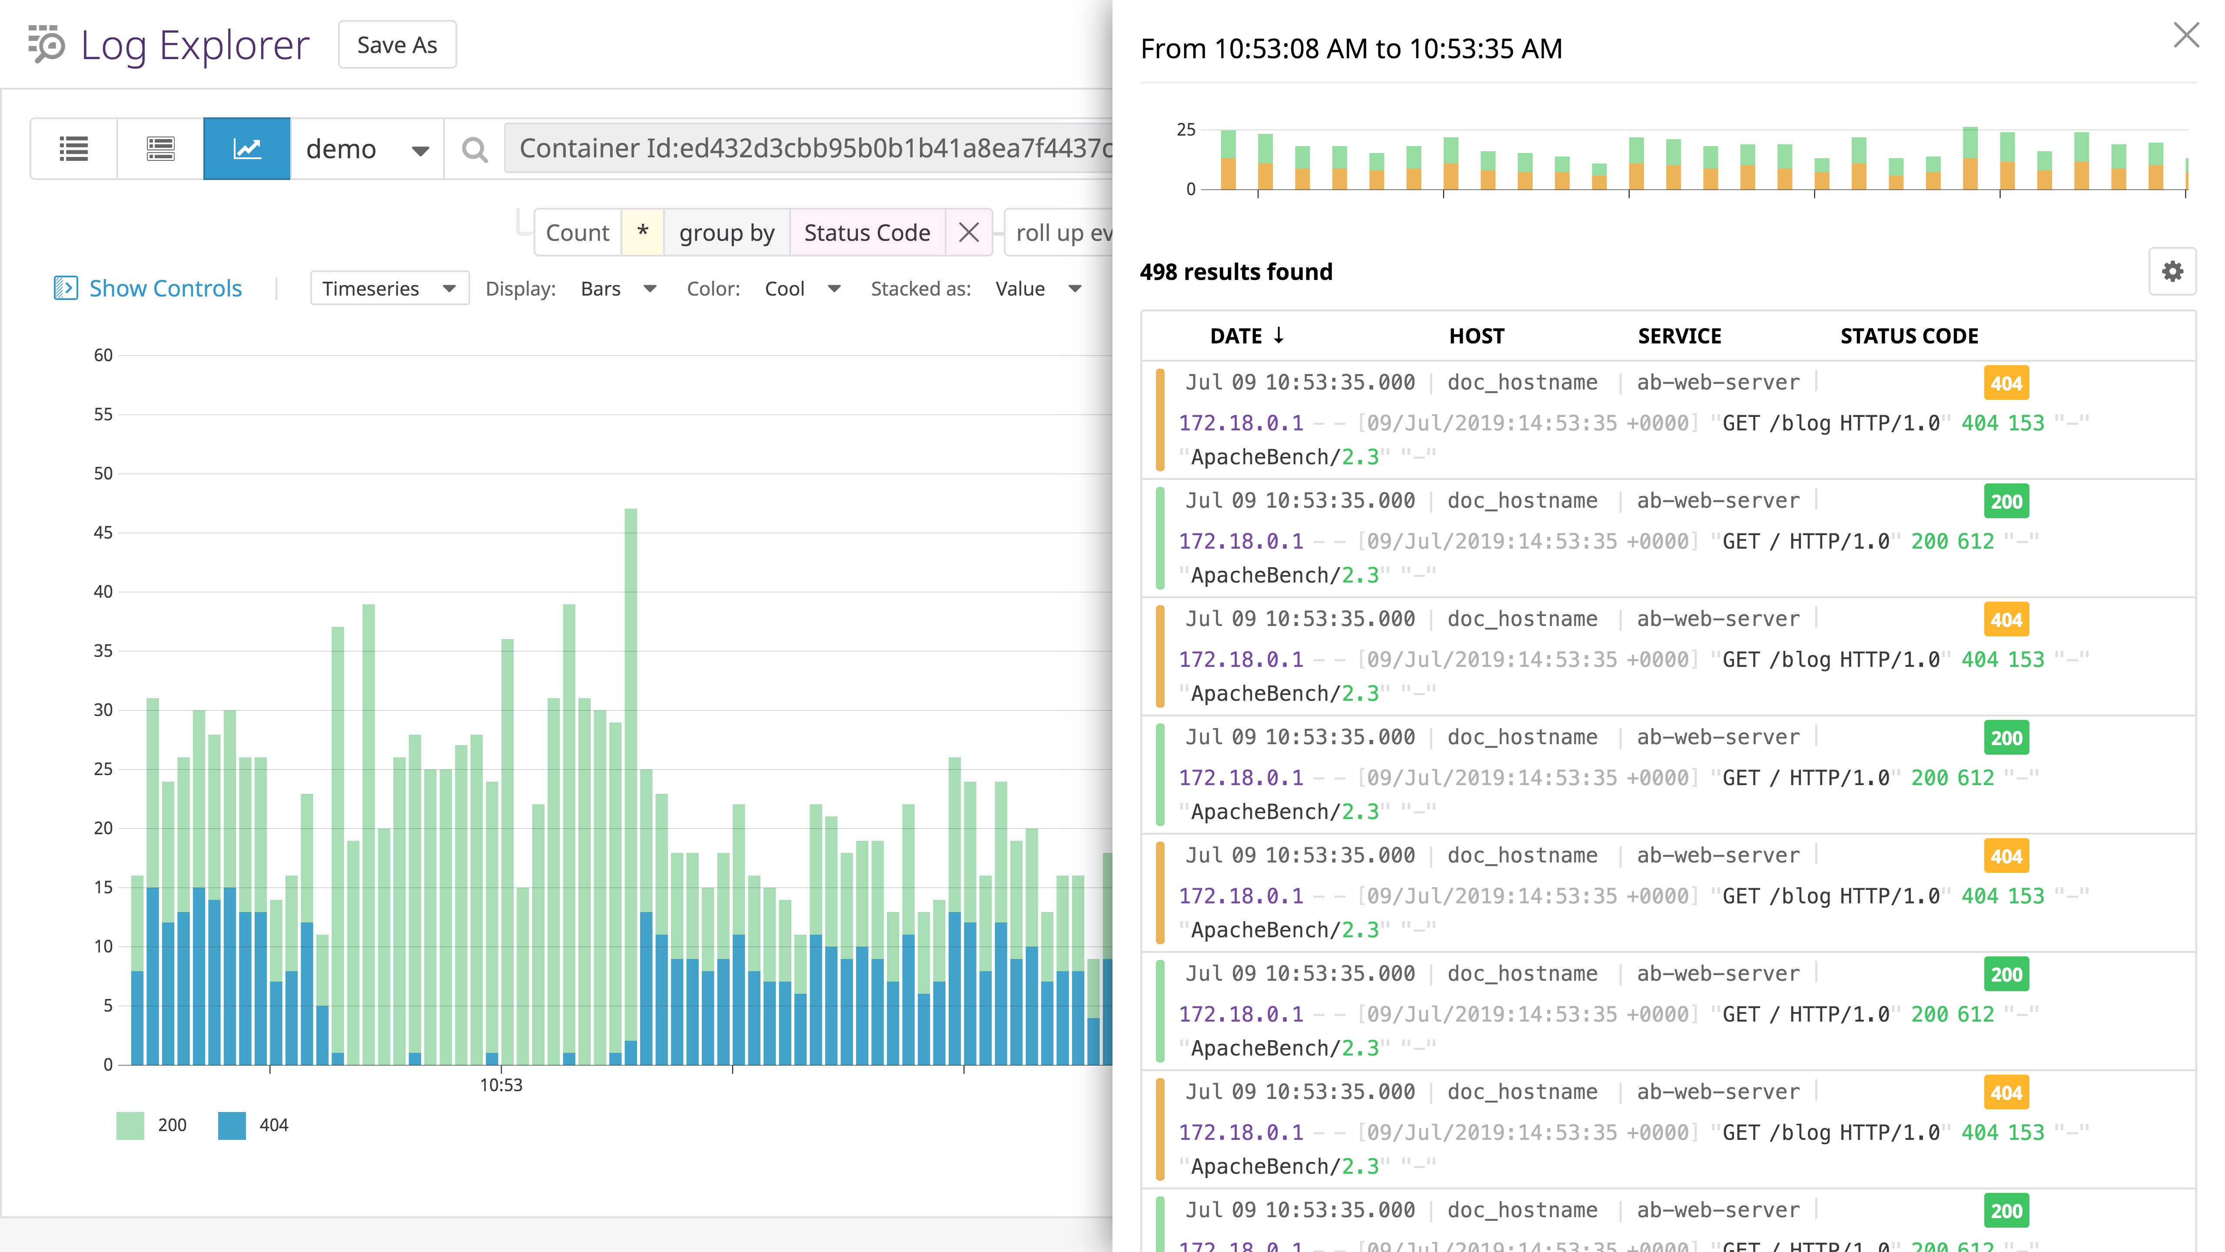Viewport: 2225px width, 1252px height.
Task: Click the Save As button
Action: pyautogui.click(x=396, y=45)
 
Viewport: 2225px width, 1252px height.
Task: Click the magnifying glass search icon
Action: pyautogui.click(x=474, y=150)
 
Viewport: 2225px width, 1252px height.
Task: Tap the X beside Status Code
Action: pyautogui.click(x=968, y=233)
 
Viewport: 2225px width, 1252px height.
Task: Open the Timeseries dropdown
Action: pyautogui.click(x=389, y=289)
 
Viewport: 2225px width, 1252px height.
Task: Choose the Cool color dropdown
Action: pyautogui.click(x=801, y=289)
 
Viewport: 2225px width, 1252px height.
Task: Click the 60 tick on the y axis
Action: pyautogui.click(x=103, y=355)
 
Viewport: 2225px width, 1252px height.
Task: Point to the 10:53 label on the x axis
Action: pyautogui.click(x=501, y=1085)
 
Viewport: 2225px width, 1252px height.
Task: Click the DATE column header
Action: pyautogui.click(x=1246, y=336)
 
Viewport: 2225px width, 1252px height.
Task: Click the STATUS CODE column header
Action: pyautogui.click(x=1909, y=336)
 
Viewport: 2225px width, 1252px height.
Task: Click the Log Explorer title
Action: pyautogui.click(x=194, y=45)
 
